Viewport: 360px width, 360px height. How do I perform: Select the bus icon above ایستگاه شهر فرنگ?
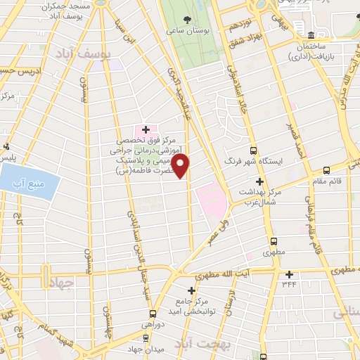point(253,149)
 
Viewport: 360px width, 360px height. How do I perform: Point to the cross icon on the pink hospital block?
point(146,129)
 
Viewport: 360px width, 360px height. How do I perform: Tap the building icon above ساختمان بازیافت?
point(311,34)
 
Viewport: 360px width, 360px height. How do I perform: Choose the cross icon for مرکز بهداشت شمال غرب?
point(259,181)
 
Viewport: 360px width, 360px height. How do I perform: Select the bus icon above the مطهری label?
point(263,239)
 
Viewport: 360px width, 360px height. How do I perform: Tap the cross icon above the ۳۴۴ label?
point(289,274)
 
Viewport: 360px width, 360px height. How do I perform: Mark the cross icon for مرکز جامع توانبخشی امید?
point(191,290)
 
